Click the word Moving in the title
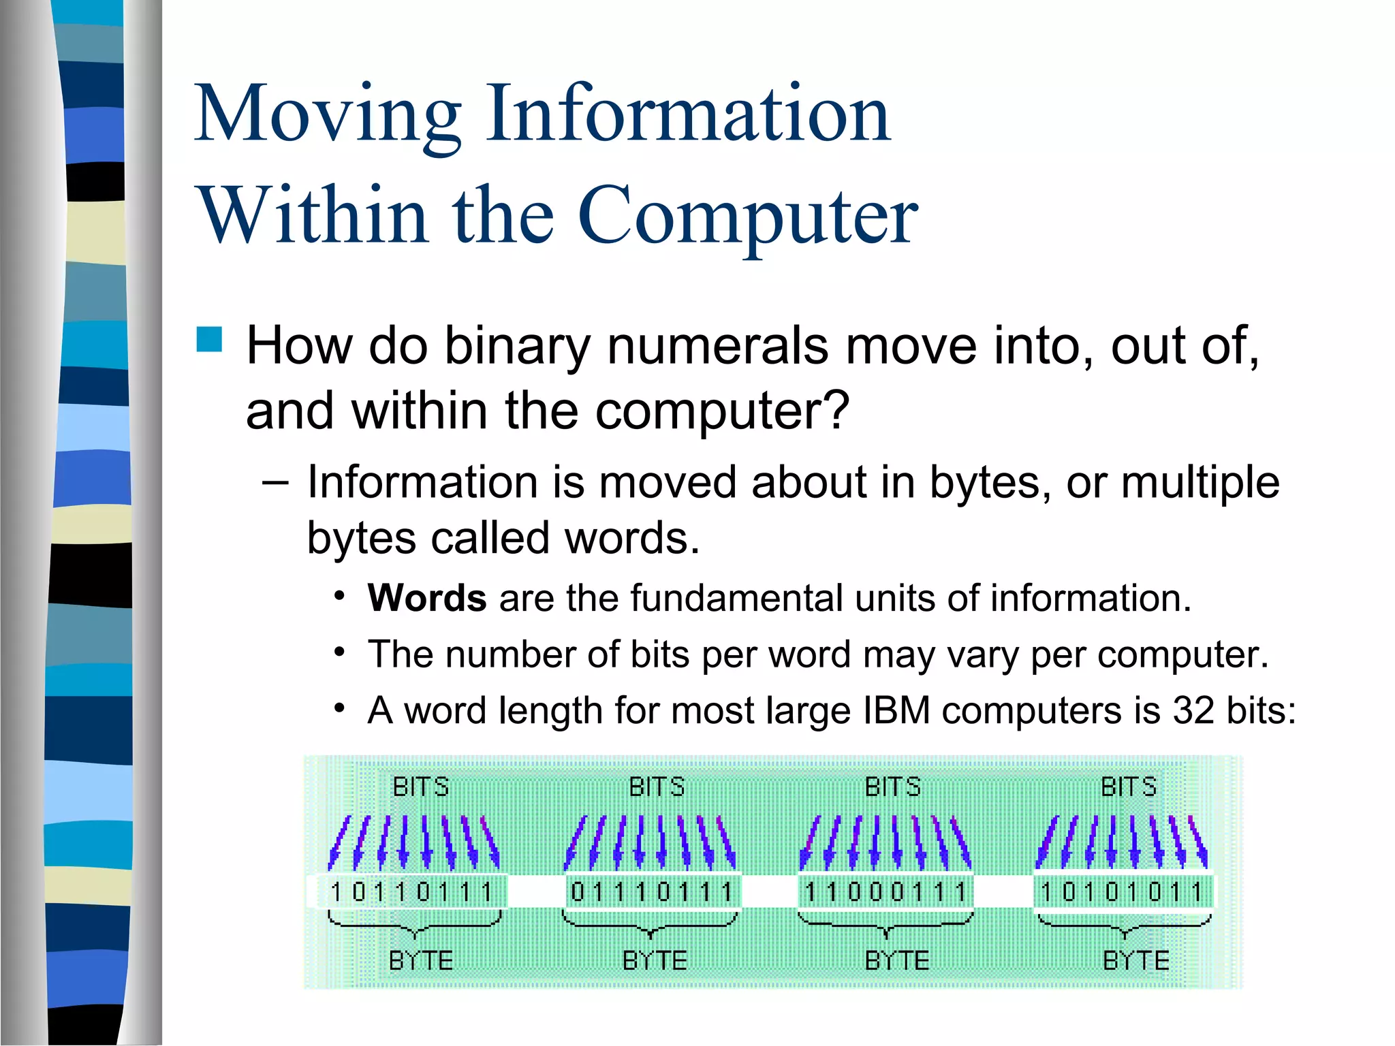327,114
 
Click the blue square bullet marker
210,339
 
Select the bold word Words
426,599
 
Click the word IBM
896,711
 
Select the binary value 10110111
411,891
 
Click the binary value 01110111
652,891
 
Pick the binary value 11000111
885,891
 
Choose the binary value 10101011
1122,891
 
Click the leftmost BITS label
421,787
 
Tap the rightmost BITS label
1129,787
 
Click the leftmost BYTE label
421,961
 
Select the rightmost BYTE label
1135,961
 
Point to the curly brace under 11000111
885,925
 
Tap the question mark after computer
836,411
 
